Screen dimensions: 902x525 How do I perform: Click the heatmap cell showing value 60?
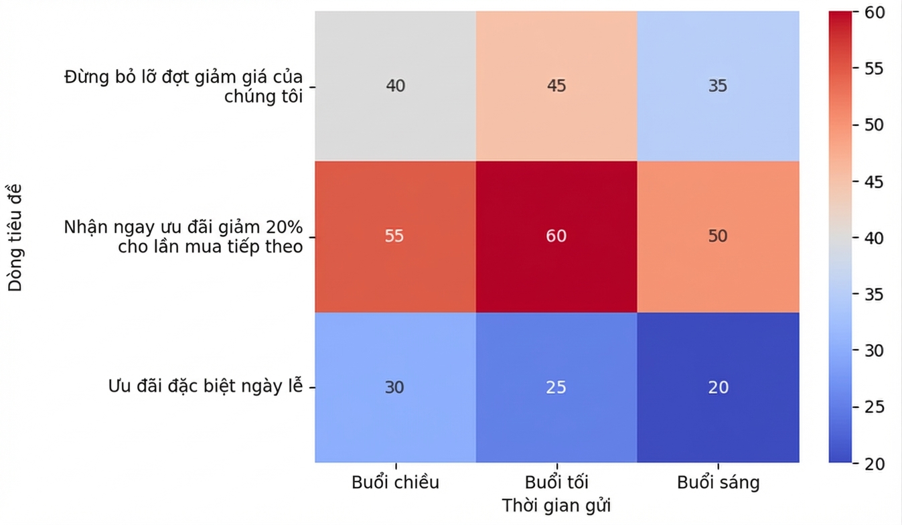point(556,237)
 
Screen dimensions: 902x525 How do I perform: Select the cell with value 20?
point(719,387)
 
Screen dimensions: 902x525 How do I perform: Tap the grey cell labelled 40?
point(396,86)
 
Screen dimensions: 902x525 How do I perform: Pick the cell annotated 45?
point(556,86)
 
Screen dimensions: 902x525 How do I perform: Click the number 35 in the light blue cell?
point(718,86)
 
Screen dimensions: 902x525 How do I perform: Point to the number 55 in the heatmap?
point(394,236)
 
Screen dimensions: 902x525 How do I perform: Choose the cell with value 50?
point(719,237)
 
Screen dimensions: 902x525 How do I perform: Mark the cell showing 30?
point(396,387)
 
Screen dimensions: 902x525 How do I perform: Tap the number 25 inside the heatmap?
point(556,387)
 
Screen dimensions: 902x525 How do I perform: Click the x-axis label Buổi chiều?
point(396,482)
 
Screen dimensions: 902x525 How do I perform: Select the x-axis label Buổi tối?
point(557,482)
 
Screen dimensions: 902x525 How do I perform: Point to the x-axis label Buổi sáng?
point(719,483)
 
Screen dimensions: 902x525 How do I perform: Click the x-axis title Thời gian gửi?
point(556,506)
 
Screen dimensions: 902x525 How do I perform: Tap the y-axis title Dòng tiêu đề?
point(15,238)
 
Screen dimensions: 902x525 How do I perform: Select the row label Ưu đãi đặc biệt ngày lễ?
point(206,386)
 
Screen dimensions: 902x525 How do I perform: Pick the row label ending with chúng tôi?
point(183,86)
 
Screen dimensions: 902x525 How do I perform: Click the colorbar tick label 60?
point(875,13)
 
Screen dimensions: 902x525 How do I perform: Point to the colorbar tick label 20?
point(875,464)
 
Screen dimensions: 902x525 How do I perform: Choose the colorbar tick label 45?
point(875,182)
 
